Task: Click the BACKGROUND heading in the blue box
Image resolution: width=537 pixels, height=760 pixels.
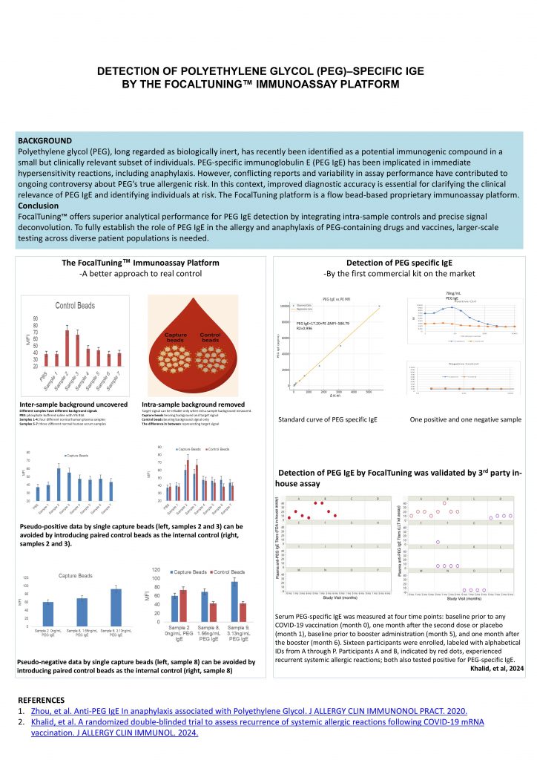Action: point(45,140)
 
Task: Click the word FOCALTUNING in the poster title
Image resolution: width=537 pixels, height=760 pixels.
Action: point(241,85)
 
